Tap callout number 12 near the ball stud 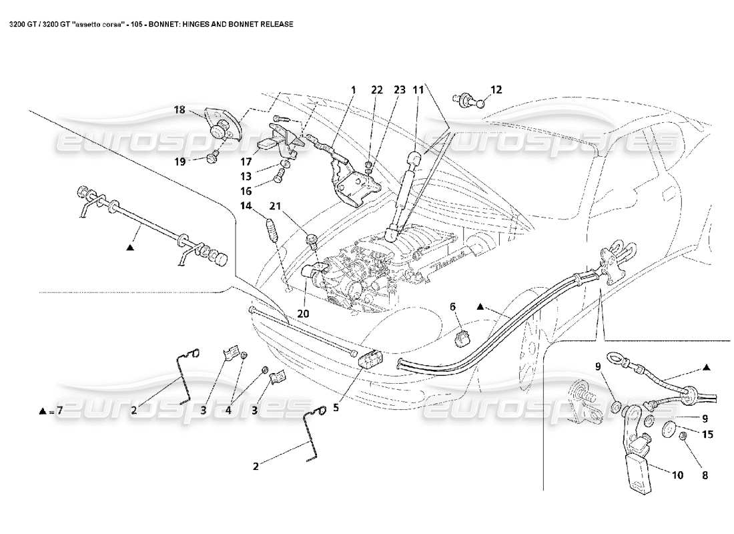[x=496, y=89]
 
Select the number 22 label [x=377, y=89]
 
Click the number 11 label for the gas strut [x=418, y=89]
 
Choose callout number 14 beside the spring [x=246, y=206]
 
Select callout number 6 [x=453, y=307]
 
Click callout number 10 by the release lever [x=677, y=476]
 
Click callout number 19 [x=180, y=161]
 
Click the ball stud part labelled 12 [x=468, y=101]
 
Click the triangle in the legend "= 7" [x=42, y=411]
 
